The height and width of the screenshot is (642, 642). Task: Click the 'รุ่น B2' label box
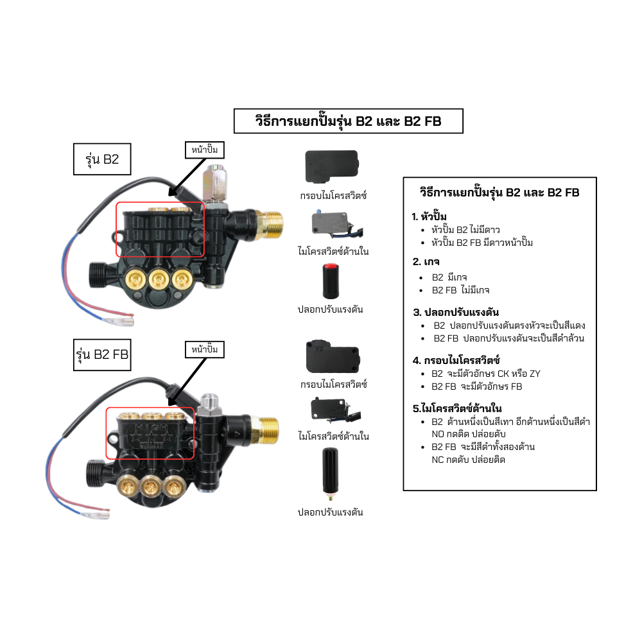(102, 160)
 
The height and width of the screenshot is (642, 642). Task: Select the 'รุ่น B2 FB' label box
(102, 354)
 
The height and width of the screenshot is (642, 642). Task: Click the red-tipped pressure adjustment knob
(330, 280)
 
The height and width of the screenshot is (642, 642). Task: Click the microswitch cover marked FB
(332, 356)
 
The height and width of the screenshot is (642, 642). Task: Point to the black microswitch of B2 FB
(331, 408)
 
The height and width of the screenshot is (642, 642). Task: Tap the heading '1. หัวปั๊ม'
(429, 216)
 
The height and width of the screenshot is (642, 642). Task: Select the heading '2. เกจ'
(426, 261)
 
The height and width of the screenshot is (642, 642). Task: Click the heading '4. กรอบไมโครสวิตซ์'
(456, 360)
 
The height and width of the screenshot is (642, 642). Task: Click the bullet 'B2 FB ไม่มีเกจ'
(460, 290)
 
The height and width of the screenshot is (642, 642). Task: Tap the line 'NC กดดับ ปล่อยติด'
(469, 460)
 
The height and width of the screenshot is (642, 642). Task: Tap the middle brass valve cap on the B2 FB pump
(151, 487)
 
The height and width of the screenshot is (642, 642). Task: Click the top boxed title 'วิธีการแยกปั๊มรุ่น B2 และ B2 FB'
(348, 121)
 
